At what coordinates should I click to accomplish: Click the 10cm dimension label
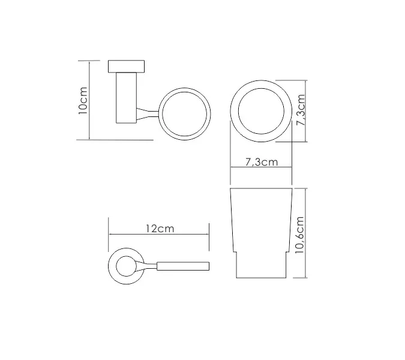tap(83, 100)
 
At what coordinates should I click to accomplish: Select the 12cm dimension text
tap(160, 229)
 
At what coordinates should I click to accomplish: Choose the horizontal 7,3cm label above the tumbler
tap(261, 162)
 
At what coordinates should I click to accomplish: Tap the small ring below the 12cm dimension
tap(126, 266)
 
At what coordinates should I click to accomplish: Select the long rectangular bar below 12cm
tap(183, 266)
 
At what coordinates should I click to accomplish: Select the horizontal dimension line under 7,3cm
tap(261, 168)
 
